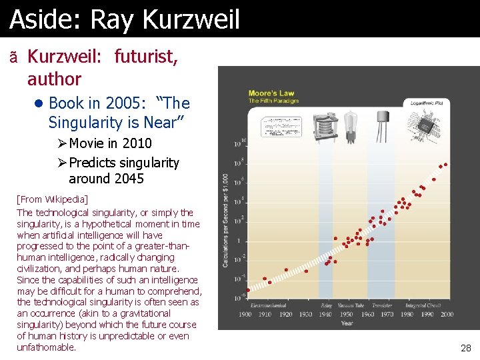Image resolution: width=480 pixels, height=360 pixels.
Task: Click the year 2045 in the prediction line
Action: point(128,179)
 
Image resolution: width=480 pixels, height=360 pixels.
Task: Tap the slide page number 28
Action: point(465,348)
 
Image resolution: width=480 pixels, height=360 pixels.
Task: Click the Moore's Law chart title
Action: point(271,93)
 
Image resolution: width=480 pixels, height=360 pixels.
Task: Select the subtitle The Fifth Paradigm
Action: point(273,101)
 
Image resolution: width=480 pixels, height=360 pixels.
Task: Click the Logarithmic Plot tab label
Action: point(427,104)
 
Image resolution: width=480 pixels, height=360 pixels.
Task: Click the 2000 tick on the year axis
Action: point(447,314)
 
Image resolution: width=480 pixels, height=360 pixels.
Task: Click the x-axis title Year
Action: point(347,323)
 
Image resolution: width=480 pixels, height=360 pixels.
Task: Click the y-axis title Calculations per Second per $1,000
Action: point(225,220)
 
